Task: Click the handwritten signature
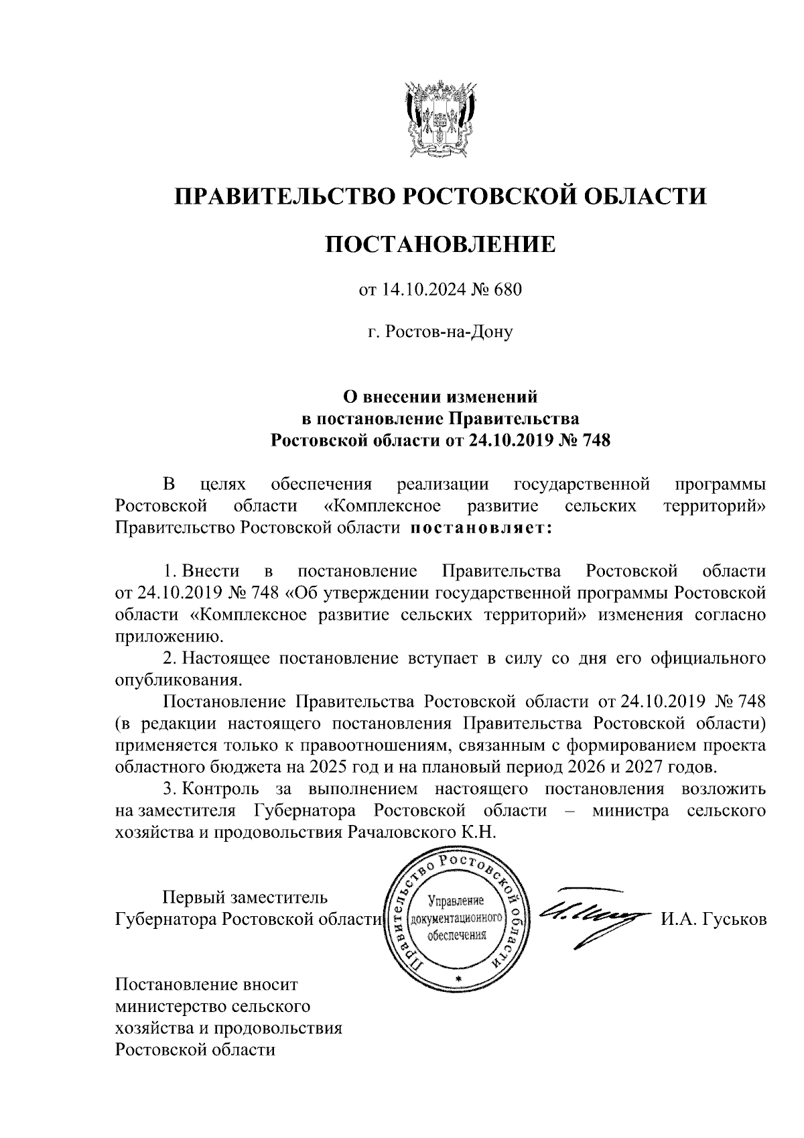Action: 590,913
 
